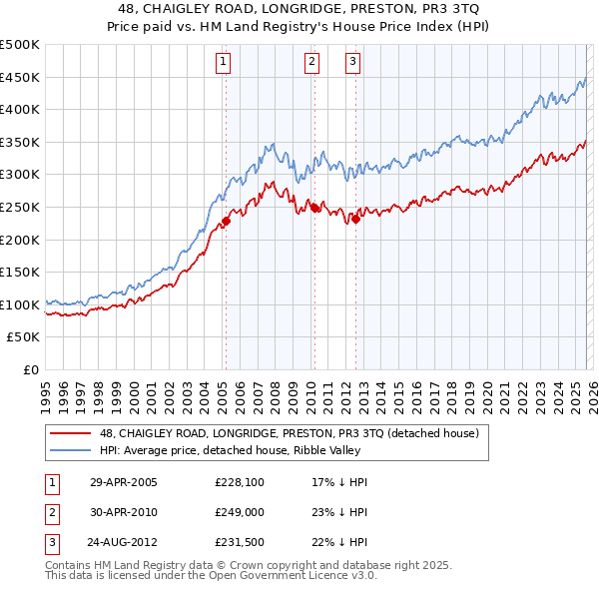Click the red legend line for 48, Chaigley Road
71,433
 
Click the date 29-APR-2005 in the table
124,481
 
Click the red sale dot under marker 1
226,222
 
